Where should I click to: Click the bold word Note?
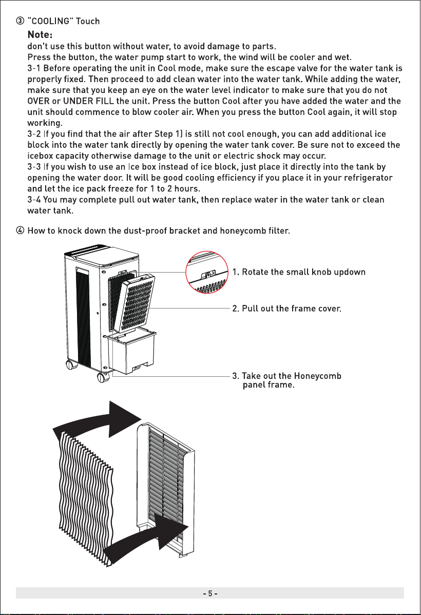pos(40,35)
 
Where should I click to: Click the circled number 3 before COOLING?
pos(20,21)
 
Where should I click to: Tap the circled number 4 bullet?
pos(20,230)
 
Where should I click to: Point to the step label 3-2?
pos(34,134)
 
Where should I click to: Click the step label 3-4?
pos(34,200)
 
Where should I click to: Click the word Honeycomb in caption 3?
pos(317,376)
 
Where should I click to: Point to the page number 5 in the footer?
pos(210,593)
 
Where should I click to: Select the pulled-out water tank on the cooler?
pos(132,352)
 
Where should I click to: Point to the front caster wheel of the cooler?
pos(103,377)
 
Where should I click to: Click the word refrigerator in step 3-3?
pos(368,178)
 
